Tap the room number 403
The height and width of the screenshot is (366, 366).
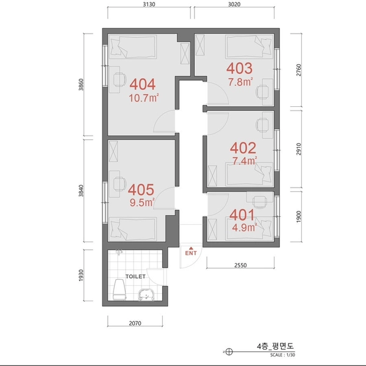point(239,68)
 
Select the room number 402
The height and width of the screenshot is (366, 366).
point(243,148)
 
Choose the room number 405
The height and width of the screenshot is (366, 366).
point(141,189)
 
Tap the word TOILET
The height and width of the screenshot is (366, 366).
point(135,276)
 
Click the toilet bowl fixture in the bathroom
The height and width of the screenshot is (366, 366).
point(120,291)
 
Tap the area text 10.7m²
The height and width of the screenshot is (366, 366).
point(145,97)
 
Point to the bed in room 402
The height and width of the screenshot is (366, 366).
point(247,178)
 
